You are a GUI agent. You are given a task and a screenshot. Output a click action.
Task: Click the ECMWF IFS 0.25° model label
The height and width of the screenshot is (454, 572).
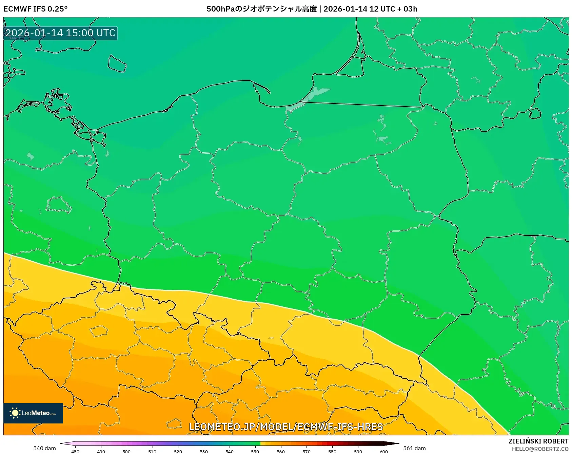click(35, 9)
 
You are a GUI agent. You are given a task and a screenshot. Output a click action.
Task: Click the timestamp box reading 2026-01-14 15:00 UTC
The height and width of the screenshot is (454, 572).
click(60, 33)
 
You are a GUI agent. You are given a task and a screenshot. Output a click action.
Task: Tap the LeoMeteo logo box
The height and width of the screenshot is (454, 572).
click(33, 413)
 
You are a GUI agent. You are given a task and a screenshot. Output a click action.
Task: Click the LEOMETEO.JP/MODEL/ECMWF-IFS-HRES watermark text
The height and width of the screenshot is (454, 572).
click(285, 427)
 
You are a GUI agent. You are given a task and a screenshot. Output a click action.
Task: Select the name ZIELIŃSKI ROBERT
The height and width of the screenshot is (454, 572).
click(538, 441)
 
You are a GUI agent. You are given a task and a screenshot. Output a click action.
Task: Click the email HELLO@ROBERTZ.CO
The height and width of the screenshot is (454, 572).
click(540, 449)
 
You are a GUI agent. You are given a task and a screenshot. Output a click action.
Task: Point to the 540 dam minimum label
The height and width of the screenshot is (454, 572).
click(44, 448)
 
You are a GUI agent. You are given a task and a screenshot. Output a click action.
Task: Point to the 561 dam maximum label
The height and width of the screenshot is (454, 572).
click(414, 448)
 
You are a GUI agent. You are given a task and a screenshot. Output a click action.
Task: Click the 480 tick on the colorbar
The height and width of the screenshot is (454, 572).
click(75, 451)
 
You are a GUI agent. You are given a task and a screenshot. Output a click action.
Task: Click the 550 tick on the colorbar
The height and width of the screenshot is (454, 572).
click(255, 451)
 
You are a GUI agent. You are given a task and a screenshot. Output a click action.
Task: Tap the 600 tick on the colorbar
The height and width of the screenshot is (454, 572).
click(383, 451)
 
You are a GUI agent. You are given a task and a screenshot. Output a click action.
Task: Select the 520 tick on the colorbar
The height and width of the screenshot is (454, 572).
click(178, 451)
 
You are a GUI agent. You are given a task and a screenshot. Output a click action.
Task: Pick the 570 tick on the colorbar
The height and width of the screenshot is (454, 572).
click(307, 451)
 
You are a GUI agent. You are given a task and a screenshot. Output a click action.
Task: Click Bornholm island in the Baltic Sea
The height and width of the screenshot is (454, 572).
click(117, 63)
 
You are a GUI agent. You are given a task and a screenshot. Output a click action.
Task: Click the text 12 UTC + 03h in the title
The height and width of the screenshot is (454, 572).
click(393, 9)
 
